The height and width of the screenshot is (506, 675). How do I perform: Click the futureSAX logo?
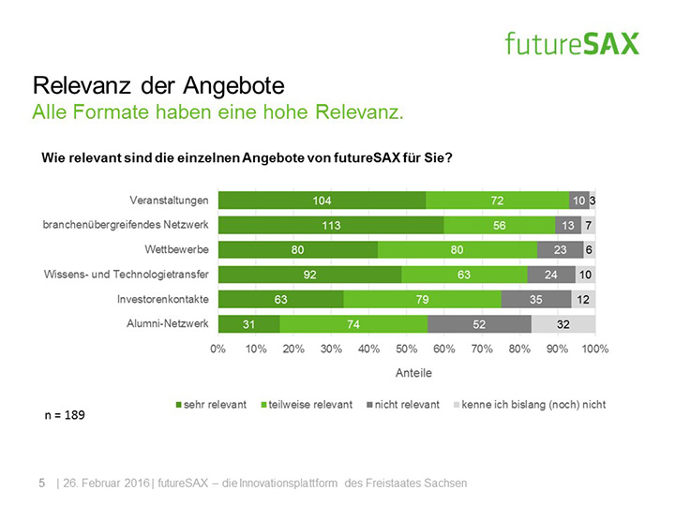tap(571, 43)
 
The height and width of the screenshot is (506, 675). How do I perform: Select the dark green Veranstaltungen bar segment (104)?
tap(322, 201)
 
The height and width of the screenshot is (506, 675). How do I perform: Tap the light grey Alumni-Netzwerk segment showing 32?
tap(562, 324)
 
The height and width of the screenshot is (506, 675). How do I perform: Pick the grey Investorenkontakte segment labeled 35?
tap(536, 299)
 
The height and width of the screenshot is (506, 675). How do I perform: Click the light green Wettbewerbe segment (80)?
tap(457, 250)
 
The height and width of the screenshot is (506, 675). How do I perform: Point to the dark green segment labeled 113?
tap(331, 225)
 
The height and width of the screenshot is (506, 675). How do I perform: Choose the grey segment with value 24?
tap(551, 275)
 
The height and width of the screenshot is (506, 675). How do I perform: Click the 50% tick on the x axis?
tap(407, 349)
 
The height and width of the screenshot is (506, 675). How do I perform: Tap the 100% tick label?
tap(595, 349)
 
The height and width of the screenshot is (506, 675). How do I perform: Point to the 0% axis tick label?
tap(218, 349)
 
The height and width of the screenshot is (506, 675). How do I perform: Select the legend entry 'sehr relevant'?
tap(211, 405)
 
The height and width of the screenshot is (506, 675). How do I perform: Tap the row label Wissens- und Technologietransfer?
tap(127, 275)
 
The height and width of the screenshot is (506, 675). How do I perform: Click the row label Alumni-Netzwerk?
tap(167, 323)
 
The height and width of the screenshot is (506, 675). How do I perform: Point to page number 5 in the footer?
tap(41, 483)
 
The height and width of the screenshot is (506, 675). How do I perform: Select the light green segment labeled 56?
tap(499, 225)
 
